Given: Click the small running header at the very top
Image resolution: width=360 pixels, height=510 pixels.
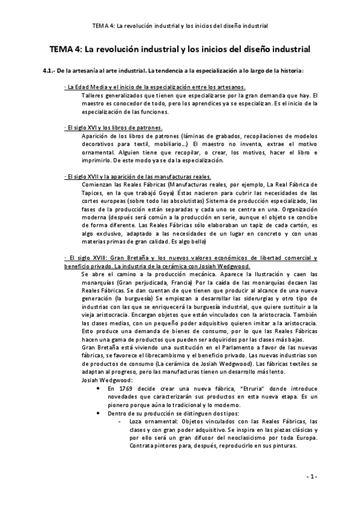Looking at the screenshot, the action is pos(180,26).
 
